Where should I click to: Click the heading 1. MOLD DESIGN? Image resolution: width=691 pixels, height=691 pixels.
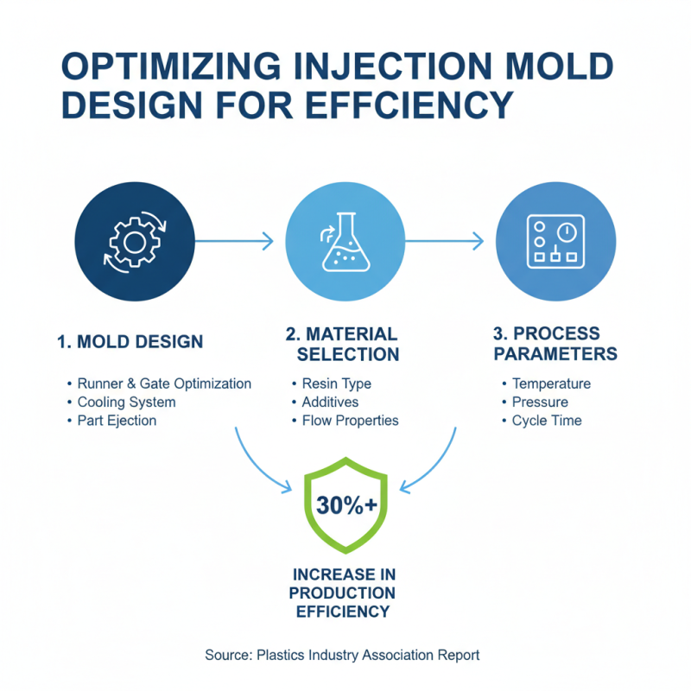point(130,342)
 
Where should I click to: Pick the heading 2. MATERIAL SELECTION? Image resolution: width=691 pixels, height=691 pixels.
point(343,344)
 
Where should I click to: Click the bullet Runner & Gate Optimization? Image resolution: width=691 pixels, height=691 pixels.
point(164,384)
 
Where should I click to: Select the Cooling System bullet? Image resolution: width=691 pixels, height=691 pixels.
point(126,402)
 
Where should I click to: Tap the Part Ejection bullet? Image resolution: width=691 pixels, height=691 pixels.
point(117,421)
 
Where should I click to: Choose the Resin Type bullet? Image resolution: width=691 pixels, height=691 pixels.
point(336,384)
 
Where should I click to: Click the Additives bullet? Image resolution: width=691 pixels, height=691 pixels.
point(330,402)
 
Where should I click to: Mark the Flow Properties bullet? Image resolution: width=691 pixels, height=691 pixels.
point(350,421)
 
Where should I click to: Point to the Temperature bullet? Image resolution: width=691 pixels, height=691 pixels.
point(551,384)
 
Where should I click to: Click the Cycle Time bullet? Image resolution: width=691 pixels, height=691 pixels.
point(547,421)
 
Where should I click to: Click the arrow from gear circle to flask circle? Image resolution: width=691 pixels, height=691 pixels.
point(233,242)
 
